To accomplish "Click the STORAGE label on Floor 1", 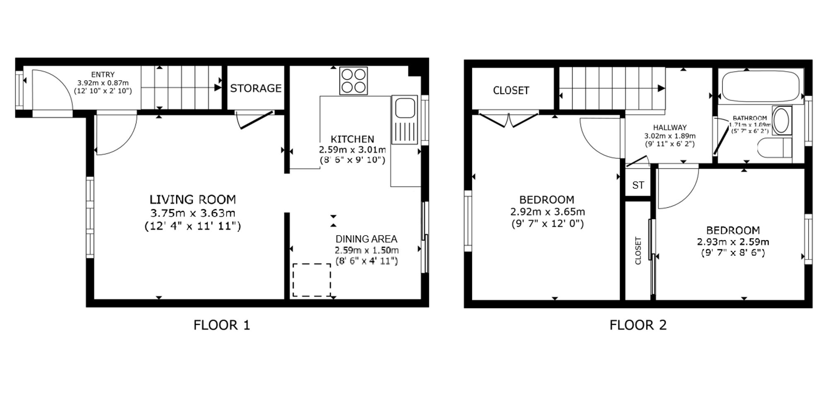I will (256, 88).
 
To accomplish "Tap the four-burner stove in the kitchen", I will (354, 81).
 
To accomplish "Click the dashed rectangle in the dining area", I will (312, 280).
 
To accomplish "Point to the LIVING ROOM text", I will (193, 199).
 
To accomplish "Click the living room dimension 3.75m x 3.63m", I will (193, 213).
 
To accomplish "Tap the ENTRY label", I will (103, 75).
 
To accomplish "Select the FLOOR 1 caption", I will (222, 325).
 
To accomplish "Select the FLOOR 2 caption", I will (638, 325).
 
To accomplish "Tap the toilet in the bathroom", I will (774, 148).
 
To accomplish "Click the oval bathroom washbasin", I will (782, 121).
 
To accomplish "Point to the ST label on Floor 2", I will (638, 185).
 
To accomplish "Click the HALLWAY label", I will (670, 128).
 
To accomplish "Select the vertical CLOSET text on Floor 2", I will (638, 250).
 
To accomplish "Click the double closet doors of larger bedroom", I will (509, 119).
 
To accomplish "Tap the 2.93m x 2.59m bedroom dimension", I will (733, 242).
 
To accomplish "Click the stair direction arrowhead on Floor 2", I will (661, 88).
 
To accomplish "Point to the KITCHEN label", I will (352, 139).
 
